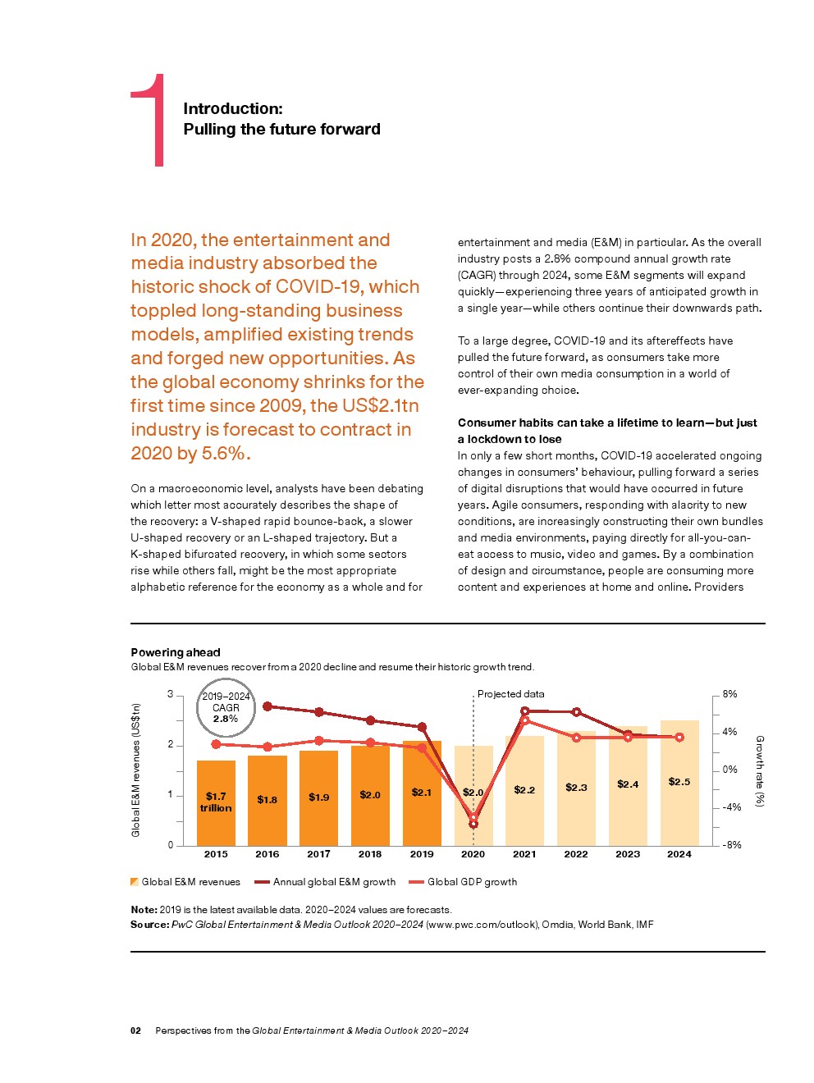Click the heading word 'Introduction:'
pyautogui.click(x=232, y=108)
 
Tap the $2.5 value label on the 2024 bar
pyautogui.click(x=679, y=782)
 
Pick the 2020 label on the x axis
pyautogui.click(x=473, y=854)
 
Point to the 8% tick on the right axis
pyautogui.click(x=729, y=694)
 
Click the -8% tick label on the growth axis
pyautogui.click(x=731, y=844)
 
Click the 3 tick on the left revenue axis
pyautogui.click(x=171, y=694)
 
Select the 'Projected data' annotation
pyautogui.click(x=510, y=694)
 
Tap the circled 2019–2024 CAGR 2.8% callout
pyautogui.click(x=226, y=707)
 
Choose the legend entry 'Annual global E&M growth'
pyautogui.click(x=334, y=882)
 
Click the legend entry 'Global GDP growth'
pyautogui.click(x=472, y=882)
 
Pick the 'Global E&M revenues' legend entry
pyautogui.click(x=190, y=882)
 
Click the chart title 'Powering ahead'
pyautogui.click(x=176, y=652)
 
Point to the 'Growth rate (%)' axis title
pyautogui.click(x=760, y=770)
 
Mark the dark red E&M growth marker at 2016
pyautogui.click(x=268, y=706)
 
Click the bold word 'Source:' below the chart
pyautogui.click(x=149, y=925)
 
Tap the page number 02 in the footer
pyautogui.click(x=135, y=1030)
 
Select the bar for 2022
pyautogui.click(x=576, y=788)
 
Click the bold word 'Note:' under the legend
pyautogui.click(x=144, y=910)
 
